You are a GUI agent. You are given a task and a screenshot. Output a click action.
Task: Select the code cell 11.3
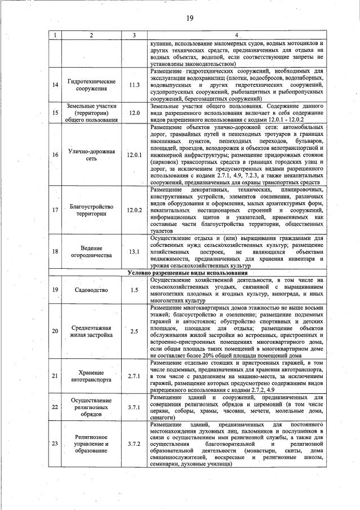point(134,85)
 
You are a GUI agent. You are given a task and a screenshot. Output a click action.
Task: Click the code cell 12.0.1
point(134,154)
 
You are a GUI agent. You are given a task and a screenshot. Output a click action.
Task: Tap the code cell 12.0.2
point(134,210)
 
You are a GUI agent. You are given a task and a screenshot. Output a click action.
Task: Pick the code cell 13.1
point(134,251)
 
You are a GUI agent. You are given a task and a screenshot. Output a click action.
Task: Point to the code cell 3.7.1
point(134,406)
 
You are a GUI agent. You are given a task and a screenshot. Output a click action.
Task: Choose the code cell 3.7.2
point(134,444)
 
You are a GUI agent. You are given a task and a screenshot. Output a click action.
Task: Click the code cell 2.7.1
point(134,375)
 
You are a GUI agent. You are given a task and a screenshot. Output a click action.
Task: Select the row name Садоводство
point(91,290)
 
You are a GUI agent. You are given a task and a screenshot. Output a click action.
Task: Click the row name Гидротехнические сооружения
point(91,85)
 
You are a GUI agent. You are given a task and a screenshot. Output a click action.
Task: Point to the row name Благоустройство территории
point(91,210)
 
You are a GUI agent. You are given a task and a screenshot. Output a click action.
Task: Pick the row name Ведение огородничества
point(91,251)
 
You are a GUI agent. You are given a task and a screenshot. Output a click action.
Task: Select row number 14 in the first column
point(55,85)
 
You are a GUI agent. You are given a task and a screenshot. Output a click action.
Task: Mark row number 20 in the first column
point(55,331)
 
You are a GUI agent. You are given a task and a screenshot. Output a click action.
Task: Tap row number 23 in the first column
point(55,444)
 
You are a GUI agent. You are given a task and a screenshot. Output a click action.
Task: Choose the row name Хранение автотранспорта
point(91,375)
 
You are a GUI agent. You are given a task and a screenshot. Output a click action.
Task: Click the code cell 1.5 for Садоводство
point(134,290)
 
